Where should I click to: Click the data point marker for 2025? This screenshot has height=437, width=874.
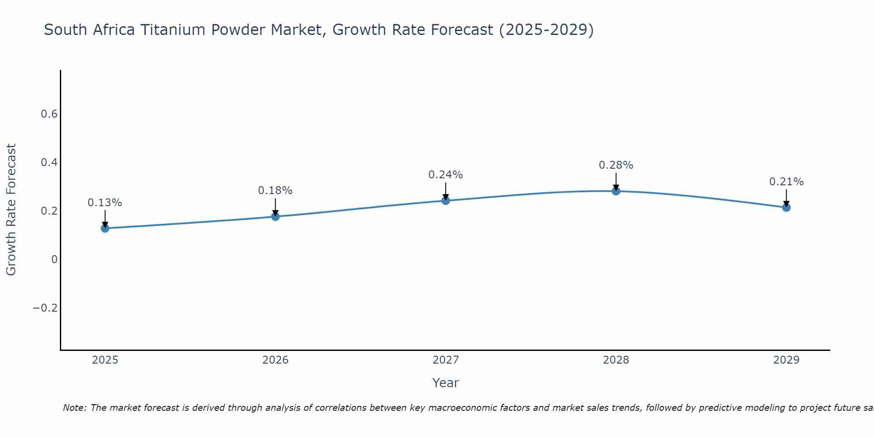click(105, 228)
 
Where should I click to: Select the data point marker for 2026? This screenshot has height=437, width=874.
click(275, 216)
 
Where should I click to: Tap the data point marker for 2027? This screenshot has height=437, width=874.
click(446, 201)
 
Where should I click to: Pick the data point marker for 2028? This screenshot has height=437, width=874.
click(616, 191)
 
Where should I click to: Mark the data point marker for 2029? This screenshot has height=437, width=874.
click(786, 208)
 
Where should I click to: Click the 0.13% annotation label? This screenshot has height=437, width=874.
click(105, 203)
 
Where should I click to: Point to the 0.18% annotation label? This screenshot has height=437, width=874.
click(275, 191)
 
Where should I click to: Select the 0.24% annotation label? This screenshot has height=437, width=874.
click(446, 175)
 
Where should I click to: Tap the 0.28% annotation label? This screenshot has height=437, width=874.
click(616, 165)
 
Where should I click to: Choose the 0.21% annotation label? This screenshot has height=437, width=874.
click(786, 182)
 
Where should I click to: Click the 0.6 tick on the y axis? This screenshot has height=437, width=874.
click(49, 114)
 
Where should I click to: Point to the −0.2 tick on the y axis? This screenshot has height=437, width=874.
click(45, 308)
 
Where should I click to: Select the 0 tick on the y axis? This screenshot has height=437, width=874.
click(54, 260)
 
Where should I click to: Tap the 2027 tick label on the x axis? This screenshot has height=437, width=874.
click(446, 360)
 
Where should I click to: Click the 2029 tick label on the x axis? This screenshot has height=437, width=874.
click(786, 360)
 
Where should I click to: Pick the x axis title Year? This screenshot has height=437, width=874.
click(446, 383)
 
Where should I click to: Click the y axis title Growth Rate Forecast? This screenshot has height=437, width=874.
click(11, 210)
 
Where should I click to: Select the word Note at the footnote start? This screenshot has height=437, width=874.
click(75, 408)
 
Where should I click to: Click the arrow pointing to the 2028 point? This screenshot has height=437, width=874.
click(616, 181)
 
